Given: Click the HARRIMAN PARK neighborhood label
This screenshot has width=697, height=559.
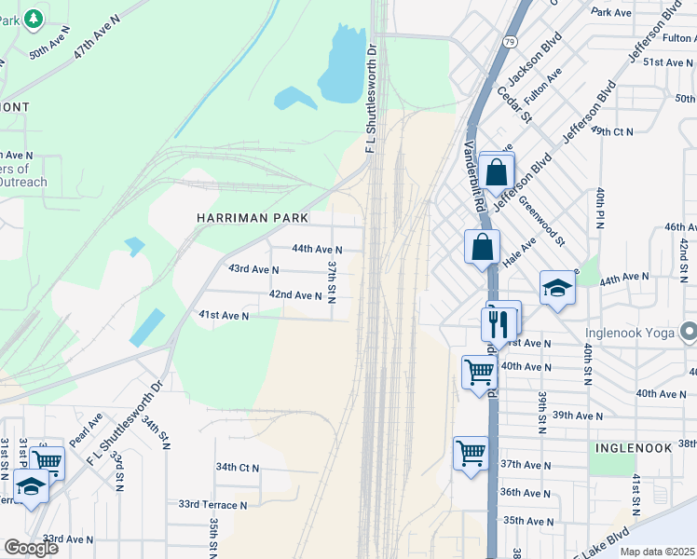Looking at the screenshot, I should pyautogui.click(x=252, y=217).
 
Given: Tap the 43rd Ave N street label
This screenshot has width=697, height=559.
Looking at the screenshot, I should pyautogui.click(x=253, y=269).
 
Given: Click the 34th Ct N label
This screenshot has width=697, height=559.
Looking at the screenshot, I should pyautogui.click(x=238, y=467).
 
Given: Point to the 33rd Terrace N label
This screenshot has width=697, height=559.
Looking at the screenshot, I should pyautogui.click(x=213, y=505).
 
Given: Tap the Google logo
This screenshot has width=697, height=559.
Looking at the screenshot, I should pyautogui.click(x=31, y=548).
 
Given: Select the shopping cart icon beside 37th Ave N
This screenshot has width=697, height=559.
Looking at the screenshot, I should pyautogui.click(x=471, y=454).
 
